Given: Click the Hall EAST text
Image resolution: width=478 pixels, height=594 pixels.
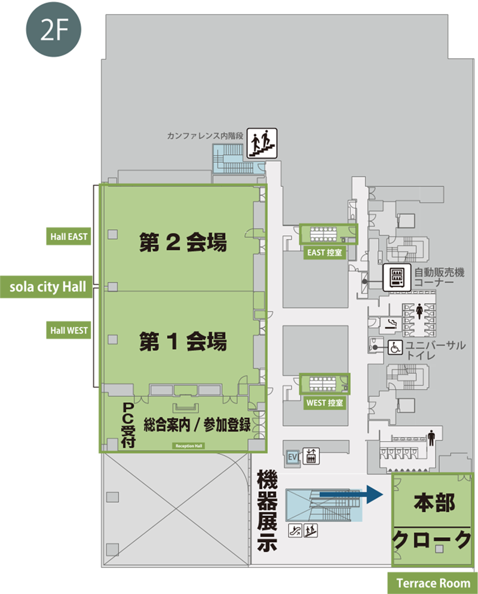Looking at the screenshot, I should (69, 237).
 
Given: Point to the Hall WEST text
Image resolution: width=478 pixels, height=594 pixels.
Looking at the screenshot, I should (69, 330).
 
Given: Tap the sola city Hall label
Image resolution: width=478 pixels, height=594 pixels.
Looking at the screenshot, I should (49, 287).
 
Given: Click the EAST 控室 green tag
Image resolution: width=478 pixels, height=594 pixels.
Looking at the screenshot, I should (325, 253).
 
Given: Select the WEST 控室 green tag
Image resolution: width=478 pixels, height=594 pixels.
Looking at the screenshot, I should (324, 403).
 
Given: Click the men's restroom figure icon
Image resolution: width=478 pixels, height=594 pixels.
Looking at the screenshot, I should (431, 438).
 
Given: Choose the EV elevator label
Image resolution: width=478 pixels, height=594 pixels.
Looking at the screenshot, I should (293, 457).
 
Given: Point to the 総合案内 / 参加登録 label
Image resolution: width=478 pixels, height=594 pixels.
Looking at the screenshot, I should (197, 425).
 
